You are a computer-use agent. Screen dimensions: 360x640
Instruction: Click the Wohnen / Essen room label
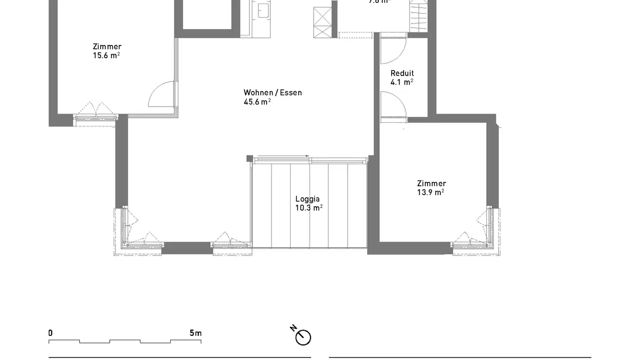272,92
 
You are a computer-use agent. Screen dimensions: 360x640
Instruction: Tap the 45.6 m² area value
257,102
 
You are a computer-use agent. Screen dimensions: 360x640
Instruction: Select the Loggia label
308,199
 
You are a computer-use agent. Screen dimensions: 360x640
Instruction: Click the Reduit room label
402,73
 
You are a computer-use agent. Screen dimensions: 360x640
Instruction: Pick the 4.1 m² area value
402,82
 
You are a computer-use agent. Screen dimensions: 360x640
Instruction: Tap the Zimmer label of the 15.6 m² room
107,47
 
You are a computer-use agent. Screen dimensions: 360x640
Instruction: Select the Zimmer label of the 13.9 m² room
431,183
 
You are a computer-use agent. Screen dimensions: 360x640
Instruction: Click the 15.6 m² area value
106,56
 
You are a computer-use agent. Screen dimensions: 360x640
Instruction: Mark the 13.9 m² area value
430,192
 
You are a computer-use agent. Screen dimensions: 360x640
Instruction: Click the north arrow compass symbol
303,336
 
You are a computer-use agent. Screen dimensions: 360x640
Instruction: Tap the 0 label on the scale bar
51,333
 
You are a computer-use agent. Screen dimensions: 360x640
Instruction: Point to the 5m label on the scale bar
196,333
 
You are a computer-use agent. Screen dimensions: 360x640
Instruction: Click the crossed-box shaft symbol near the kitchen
322,22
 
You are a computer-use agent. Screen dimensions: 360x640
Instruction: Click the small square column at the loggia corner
250,158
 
